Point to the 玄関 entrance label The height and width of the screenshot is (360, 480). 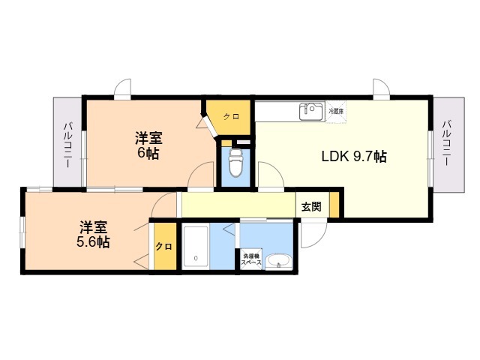312,206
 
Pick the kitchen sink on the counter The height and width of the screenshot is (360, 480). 311,112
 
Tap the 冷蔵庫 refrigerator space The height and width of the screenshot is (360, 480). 335,111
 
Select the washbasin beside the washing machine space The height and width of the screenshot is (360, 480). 277,262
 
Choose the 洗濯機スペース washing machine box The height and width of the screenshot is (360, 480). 250,260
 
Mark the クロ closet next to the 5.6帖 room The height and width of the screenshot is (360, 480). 163,247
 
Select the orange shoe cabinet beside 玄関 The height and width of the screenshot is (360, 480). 334,205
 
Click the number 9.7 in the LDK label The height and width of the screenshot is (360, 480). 366,157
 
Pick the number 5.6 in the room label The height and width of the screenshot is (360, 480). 88,242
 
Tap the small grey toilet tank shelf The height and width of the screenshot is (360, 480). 241,142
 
